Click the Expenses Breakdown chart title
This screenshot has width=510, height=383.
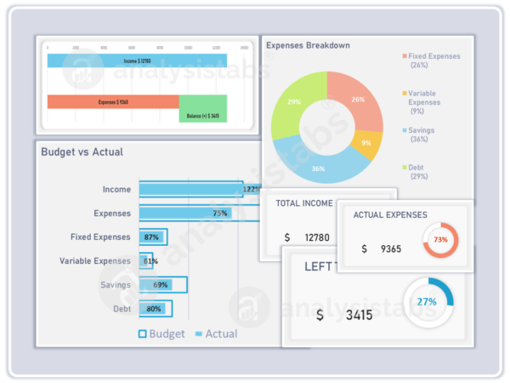308,45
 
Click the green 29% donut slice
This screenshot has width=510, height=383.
294,102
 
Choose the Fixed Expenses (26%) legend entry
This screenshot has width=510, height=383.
433,60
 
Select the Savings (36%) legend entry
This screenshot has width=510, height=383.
428,134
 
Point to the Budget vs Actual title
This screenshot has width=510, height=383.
82,151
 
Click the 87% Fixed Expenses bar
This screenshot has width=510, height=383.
153,237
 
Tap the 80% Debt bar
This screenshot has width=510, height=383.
155,308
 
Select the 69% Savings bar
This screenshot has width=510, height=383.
161,284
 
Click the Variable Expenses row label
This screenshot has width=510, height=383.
95,260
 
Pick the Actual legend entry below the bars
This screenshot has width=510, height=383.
216,334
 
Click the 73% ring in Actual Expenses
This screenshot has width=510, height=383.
440,240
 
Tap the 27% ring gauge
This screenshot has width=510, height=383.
428,301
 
